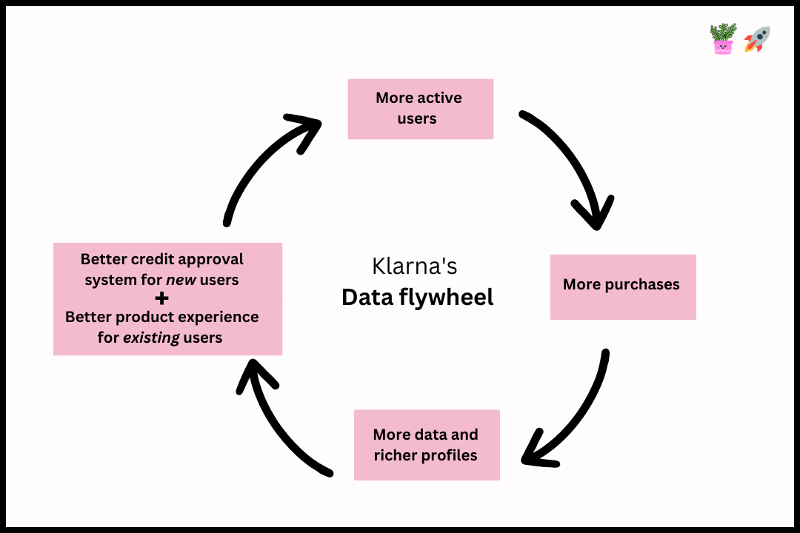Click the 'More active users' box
click(x=420, y=109)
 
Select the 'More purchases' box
click(x=622, y=287)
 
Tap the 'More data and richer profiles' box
click(x=426, y=445)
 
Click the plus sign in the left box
click(x=162, y=298)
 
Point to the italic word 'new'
click(x=181, y=281)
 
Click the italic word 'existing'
click(x=156, y=338)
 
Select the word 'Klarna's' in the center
click(x=414, y=266)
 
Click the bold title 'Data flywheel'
click(x=417, y=298)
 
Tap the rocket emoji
click(x=757, y=39)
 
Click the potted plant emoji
click(x=722, y=39)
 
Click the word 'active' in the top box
click(x=439, y=98)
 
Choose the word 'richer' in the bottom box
click(x=396, y=455)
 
